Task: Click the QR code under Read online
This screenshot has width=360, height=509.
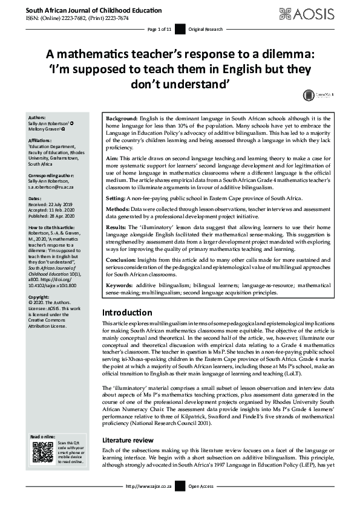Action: tap(42, 452)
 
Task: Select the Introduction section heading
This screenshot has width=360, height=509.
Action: tap(127, 313)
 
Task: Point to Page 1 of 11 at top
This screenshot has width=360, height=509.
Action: tap(160, 29)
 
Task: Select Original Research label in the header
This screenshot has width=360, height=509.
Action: tap(206, 29)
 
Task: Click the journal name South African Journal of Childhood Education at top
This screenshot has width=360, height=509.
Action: tap(84, 10)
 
